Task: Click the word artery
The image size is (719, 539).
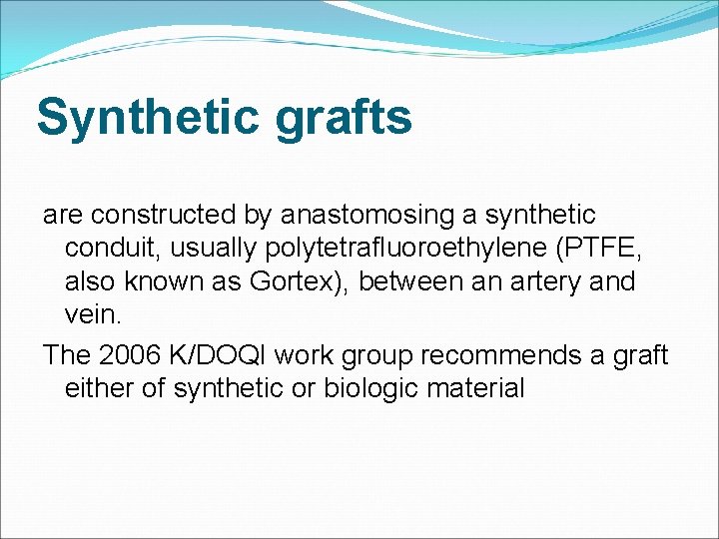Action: pos(546,282)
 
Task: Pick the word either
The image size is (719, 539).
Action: pos(101,388)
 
